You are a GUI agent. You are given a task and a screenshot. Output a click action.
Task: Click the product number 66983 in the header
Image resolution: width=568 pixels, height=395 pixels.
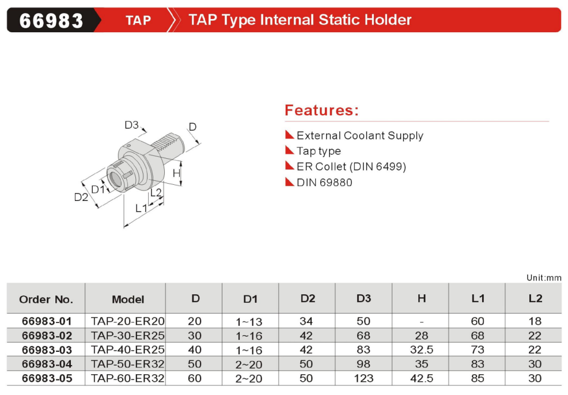51,21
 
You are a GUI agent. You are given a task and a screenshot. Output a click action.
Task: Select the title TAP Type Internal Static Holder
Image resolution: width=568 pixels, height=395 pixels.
300,20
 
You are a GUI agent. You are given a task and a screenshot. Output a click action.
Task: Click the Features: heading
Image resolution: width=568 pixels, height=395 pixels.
321,110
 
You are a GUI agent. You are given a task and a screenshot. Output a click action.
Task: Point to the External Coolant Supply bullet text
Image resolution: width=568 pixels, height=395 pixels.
359,135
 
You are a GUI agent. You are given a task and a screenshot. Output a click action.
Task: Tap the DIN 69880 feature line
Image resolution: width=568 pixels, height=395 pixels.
324,182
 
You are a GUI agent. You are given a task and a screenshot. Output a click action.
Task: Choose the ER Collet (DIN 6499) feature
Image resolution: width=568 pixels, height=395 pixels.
351,166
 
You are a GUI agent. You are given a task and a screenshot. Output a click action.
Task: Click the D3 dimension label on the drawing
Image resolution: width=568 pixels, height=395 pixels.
131,125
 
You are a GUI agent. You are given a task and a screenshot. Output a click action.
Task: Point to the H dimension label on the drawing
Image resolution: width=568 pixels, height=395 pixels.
176,173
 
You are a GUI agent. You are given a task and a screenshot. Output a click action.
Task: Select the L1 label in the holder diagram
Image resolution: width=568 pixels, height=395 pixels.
141,208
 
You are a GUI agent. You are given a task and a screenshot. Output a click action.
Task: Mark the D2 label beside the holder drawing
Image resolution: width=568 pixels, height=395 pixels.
81,197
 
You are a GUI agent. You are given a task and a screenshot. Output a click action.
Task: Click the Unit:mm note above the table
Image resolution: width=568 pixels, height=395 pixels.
544,278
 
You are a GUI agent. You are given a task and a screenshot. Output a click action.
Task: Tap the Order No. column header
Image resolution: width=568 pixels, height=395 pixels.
46,299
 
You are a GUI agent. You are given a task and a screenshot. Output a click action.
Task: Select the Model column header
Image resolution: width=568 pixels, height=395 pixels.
128,299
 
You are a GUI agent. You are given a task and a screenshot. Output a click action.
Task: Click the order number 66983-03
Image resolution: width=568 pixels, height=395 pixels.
47,350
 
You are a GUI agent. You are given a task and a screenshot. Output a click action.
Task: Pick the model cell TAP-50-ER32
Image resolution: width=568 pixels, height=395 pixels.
127,364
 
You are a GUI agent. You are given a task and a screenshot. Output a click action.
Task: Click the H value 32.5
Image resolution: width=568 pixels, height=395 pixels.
422,350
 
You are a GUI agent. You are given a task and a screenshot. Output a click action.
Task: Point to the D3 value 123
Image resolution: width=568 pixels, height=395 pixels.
363,378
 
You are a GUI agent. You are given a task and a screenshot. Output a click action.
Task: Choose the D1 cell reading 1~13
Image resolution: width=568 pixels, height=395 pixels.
249,321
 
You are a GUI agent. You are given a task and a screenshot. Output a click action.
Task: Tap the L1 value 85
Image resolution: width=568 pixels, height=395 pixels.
478,378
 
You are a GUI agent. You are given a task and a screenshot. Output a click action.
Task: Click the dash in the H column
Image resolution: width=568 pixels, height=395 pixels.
422,321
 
